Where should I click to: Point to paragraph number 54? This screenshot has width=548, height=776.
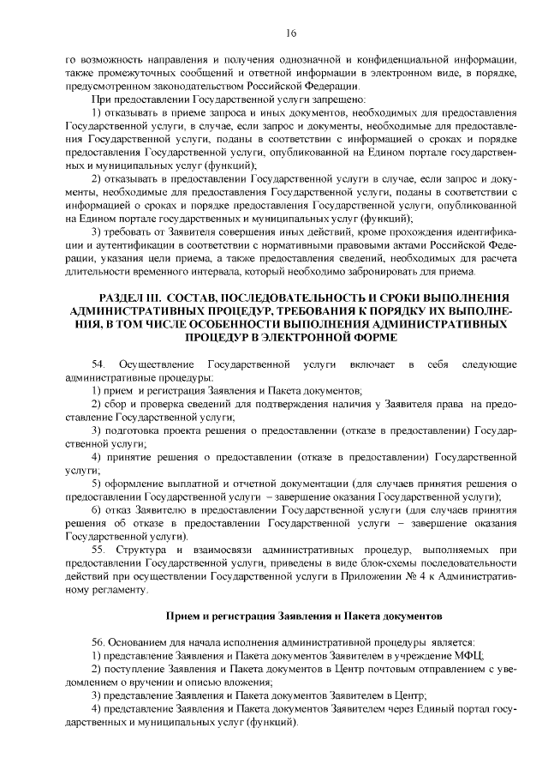[x=97, y=366]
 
